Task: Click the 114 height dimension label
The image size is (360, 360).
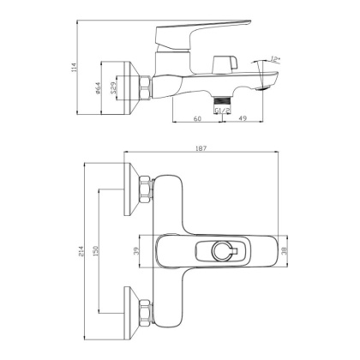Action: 75,67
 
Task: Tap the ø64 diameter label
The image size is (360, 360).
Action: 98,88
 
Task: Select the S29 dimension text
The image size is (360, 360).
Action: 113,87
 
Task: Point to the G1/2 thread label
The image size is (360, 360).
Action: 223,111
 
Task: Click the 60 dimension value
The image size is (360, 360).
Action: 197,118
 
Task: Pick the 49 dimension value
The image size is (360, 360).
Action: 243,118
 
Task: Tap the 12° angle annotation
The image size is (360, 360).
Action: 275,59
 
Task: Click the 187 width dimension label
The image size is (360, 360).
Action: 201,148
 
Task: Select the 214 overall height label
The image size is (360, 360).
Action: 81,251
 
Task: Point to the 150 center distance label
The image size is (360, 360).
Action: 95,251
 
